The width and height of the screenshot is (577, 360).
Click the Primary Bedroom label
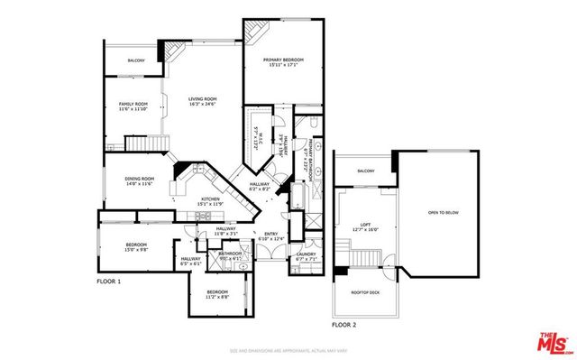click(283, 60)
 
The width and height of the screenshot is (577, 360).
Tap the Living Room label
click(204, 99)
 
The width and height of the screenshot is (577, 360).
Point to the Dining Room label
click(139, 179)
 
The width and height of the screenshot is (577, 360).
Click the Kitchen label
click(210, 199)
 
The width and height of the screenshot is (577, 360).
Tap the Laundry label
click(305, 254)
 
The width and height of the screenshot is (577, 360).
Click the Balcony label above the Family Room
click(135, 60)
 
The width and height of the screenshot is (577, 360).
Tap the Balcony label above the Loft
click(366, 171)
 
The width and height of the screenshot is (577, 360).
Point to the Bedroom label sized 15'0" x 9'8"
click(136, 245)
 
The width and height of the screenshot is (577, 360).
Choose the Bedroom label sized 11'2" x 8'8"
click(217, 292)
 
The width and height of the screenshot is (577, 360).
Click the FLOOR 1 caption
click(108, 282)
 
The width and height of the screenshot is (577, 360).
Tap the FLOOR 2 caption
click(343, 323)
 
